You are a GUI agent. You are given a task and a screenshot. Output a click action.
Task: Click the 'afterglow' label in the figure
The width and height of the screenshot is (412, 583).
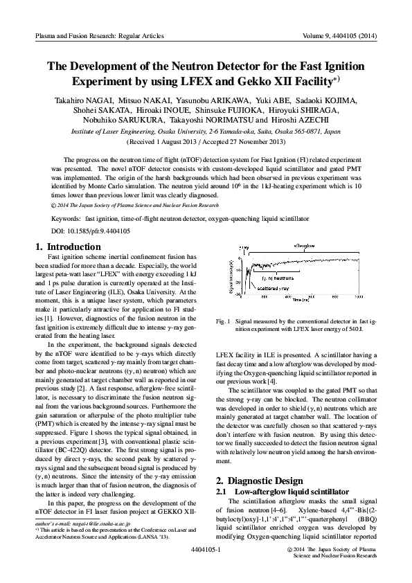coord(304,246)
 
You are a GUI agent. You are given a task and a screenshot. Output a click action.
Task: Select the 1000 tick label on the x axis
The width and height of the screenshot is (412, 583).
coord(358,296)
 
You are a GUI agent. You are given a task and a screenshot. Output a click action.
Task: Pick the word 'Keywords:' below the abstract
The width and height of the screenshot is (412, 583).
coord(66,218)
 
